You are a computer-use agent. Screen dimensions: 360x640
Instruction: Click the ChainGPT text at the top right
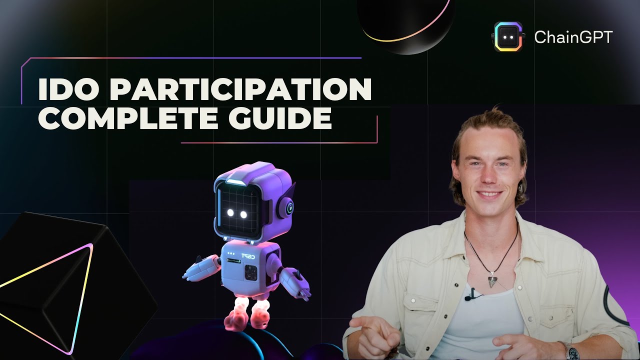tap(573, 37)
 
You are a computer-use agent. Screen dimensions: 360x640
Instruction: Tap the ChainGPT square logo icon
tap(508, 37)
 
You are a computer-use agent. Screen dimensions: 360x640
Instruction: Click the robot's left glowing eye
tap(231, 213)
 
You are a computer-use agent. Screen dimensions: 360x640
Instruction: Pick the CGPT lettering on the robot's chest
tap(249, 256)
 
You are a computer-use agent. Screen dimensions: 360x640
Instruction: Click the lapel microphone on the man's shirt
tap(469, 297)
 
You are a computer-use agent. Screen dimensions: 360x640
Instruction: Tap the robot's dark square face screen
tap(237, 207)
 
